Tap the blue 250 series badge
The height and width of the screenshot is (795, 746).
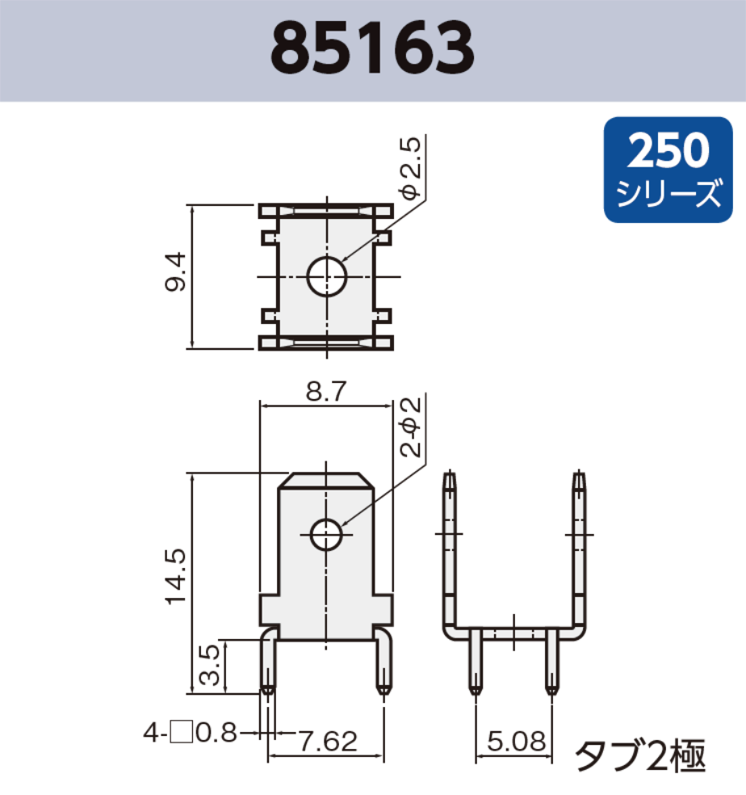tap(668, 170)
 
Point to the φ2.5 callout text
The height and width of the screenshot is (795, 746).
tap(410, 169)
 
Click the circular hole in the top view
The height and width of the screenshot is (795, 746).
tap(326, 277)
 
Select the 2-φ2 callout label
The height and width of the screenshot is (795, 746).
tap(410, 427)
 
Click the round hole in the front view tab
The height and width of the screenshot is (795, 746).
tap(326, 534)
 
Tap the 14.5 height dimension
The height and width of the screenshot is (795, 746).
tap(175, 577)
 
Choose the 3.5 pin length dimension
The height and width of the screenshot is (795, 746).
tap(209, 666)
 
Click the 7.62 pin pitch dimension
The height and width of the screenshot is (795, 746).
tap(327, 741)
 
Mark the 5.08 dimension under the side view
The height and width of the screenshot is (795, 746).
tap(514, 741)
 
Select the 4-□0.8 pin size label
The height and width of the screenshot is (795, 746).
tap(190, 733)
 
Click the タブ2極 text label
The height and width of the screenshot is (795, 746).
tap(639, 756)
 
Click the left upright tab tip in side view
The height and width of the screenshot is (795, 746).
tap(449, 477)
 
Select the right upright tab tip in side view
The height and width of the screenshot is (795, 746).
tap(578, 477)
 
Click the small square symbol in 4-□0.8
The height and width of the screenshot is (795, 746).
tap(182, 733)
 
